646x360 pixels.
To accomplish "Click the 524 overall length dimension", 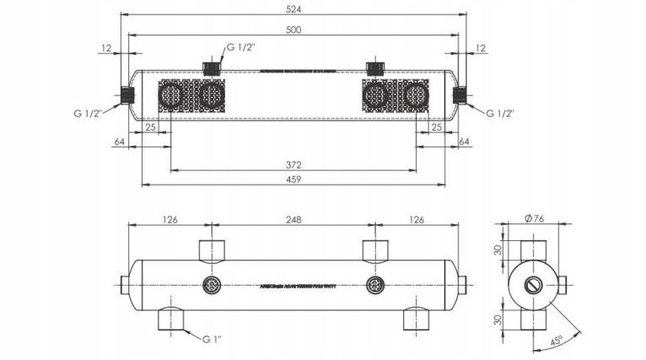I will pos(293,9).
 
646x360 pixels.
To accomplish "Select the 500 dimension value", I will pos(293,30).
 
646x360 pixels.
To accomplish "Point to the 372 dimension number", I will pos(293,165).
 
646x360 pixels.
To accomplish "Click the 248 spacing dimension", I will pos(293,221).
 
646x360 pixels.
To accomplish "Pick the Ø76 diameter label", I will pos(535,218).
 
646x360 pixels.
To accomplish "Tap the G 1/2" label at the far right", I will pos(499,112).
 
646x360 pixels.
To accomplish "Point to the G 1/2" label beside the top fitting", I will pos(242,47).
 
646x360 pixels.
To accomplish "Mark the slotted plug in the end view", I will pos(535,284).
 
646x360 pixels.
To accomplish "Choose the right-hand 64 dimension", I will pos(464,142).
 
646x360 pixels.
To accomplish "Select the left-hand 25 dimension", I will pos(149,127).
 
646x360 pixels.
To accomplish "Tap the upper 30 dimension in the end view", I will pos(498,251).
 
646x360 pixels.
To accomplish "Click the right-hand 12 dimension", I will pos(481,48).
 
